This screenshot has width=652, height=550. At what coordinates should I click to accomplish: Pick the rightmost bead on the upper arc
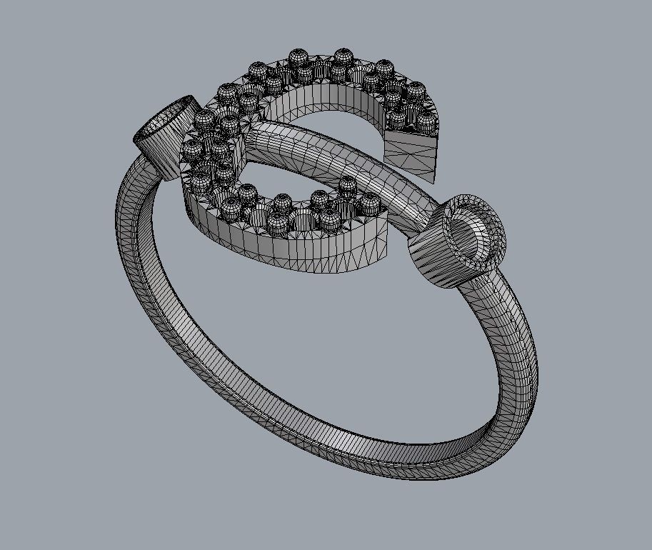click(426, 117)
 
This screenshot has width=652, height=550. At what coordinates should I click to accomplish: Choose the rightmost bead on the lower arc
click(370, 204)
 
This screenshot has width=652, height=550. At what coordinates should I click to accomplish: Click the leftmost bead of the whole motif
click(192, 151)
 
